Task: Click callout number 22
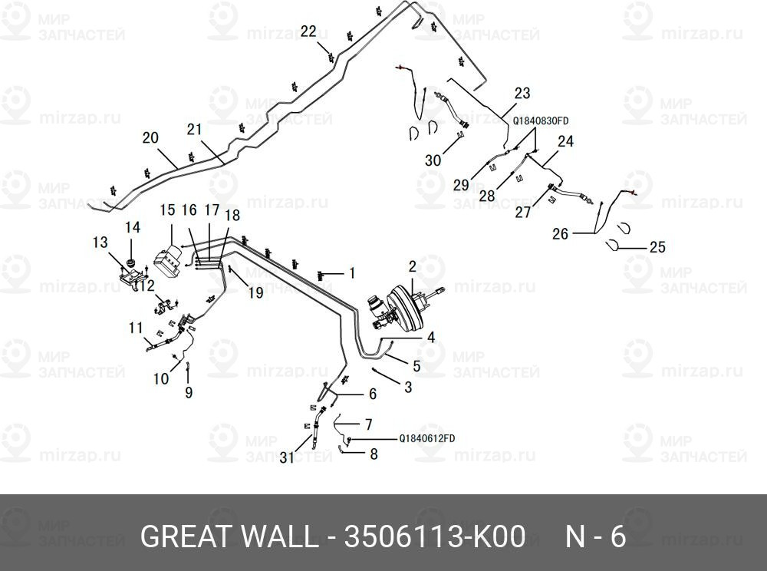tap(308, 31)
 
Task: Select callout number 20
tap(150, 138)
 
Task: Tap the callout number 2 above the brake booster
tap(412, 266)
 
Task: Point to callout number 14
tap(133, 227)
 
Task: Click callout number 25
tap(657, 248)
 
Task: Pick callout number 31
tap(287, 458)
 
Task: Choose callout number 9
tap(189, 392)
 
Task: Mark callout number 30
tap(433, 160)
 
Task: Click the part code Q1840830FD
tap(541, 120)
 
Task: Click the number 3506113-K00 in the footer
tap(435, 536)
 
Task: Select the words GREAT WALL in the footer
tap(229, 536)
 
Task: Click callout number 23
tap(522, 94)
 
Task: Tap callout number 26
tap(561, 234)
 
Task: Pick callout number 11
tap(136, 328)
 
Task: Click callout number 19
tap(256, 292)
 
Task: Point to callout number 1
tap(351, 272)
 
